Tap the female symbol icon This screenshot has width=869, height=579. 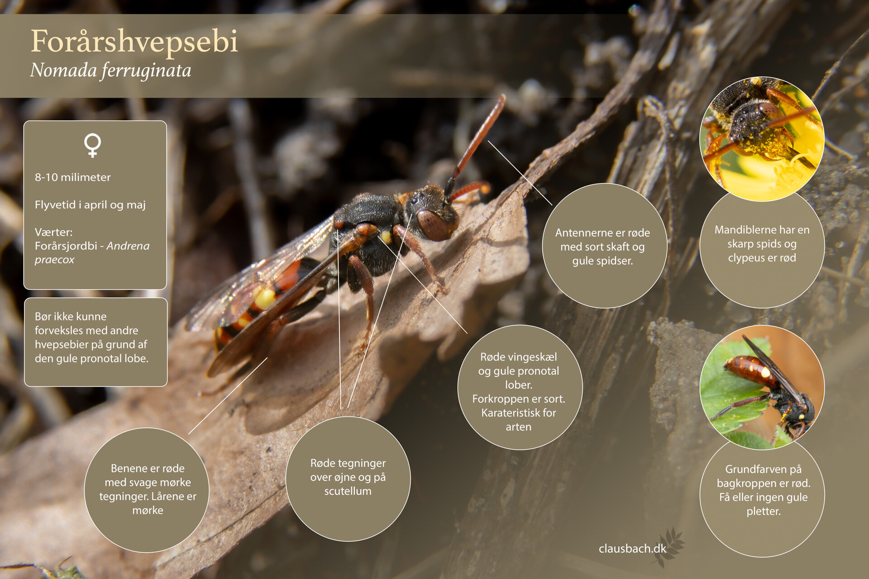coord(92,145)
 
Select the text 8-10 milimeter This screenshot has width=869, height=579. coord(73,177)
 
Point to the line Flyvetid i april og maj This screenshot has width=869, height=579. coord(90,205)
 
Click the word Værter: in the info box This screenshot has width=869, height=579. coord(53,232)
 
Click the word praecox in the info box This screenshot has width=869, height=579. coord(54,260)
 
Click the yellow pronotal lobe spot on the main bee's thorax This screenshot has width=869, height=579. coord(386,237)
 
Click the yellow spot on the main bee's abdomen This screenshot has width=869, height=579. coord(265,299)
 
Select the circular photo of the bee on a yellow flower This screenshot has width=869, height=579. coord(762,139)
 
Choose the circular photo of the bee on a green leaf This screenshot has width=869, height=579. coord(762,387)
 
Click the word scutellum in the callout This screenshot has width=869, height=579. coord(348,491)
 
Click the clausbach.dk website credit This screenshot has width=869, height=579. coord(632,549)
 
